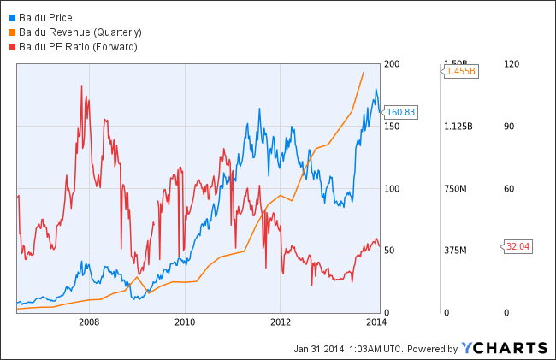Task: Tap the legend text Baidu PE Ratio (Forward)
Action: pos(77,46)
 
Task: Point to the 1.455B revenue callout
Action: pos(460,71)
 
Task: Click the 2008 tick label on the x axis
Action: pos(88,322)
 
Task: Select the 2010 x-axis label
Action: pos(184,322)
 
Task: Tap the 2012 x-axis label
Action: pos(281,322)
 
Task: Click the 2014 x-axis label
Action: pos(376,322)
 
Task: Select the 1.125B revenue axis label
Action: pos(459,127)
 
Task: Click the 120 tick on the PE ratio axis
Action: pos(512,64)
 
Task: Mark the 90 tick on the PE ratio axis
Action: pos(510,127)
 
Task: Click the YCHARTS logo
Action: pos(505,347)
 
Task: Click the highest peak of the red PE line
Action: pos(80,86)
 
